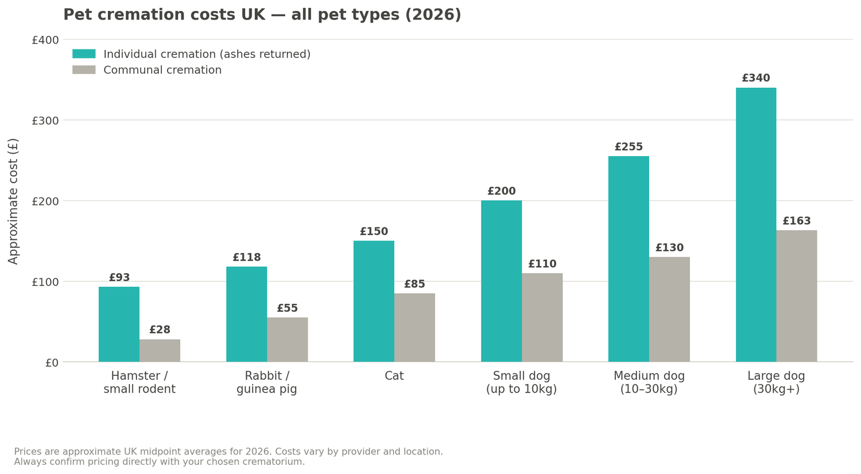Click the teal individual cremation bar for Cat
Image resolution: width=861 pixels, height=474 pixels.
374,301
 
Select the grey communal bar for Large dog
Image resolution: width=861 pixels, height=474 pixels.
796,296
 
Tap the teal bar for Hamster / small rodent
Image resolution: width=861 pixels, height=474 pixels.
119,324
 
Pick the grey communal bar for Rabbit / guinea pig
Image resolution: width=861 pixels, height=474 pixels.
287,340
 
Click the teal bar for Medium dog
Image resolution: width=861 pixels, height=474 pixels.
629,259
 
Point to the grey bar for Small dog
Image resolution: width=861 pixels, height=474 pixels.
542,317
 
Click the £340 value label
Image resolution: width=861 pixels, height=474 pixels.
755,79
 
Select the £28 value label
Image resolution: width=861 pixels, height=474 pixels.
160,330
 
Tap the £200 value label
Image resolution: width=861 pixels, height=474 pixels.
501,192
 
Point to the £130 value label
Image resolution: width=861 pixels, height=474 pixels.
669,248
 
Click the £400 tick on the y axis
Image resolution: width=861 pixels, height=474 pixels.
45,40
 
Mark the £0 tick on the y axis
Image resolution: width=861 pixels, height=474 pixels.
52,363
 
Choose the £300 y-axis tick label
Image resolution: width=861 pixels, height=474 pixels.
45,121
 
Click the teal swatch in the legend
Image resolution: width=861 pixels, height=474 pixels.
84,54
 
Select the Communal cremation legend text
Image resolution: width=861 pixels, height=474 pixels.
162,70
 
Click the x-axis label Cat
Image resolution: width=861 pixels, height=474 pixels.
394,376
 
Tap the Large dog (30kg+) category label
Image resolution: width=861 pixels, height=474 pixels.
776,383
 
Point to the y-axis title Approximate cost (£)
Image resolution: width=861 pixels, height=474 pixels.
14,201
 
